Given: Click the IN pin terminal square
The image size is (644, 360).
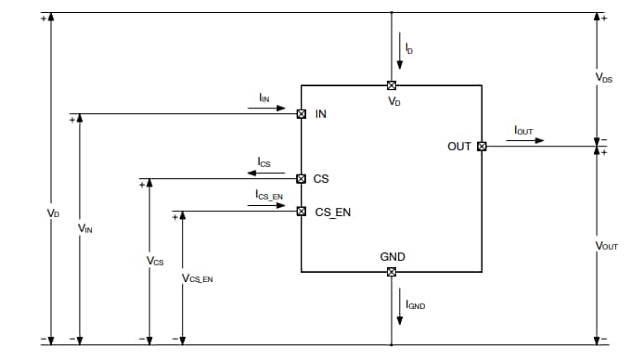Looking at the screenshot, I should [x=302, y=114].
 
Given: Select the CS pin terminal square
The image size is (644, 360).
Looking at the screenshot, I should [x=302, y=179].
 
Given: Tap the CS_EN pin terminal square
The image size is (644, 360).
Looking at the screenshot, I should [x=302, y=212].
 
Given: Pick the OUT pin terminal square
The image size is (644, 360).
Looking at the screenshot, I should [x=482, y=146].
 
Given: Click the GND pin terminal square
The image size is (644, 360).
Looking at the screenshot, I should [x=392, y=272].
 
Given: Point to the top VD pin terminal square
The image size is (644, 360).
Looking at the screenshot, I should [x=392, y=85].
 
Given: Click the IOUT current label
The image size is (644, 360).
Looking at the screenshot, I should [x=523, y=131].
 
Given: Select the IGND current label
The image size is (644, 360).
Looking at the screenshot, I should [x=415, y=304].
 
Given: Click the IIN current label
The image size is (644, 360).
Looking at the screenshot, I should [x=264, y=97].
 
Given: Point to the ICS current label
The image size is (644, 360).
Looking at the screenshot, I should [x=264, y=163].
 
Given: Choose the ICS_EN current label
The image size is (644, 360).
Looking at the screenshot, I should [x=268, y=196].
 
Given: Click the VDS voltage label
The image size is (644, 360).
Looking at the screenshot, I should [x=604, y=80].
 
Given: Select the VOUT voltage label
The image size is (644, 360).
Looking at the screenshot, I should [x=606, y=246].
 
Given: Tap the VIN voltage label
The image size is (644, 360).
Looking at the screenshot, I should [x=85, y=227].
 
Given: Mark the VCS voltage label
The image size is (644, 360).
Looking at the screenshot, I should [x=155, y=261].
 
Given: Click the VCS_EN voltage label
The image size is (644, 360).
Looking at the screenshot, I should [x=198, y=277].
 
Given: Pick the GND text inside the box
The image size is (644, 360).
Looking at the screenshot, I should [x=393, y=256].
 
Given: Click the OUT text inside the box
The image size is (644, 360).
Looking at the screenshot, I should [x=459, y=146].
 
